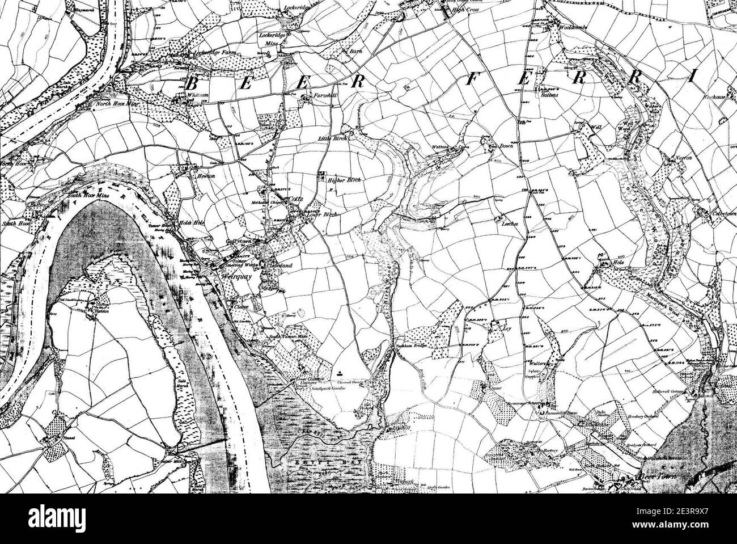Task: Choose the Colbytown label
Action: click(719, 214)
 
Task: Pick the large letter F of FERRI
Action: click(472, 79)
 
